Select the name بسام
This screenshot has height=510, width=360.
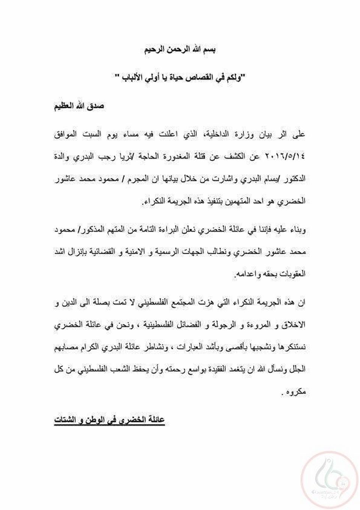point(267,179)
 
